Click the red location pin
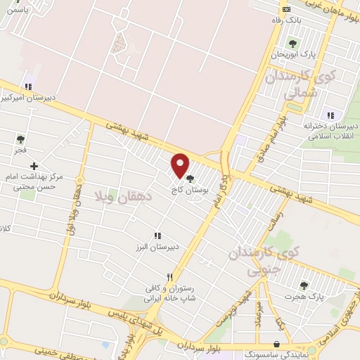pos(181,165)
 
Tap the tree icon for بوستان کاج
pos(189,178)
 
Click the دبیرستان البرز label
pos(157,247)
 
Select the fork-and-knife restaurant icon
pos(169,278)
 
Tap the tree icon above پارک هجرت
pos(304,285)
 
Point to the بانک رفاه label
pos(286,20)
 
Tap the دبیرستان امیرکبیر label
pos(25,98)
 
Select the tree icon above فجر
pos(20,139)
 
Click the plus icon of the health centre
pos(34,165)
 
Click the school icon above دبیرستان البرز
pos(157,236)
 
